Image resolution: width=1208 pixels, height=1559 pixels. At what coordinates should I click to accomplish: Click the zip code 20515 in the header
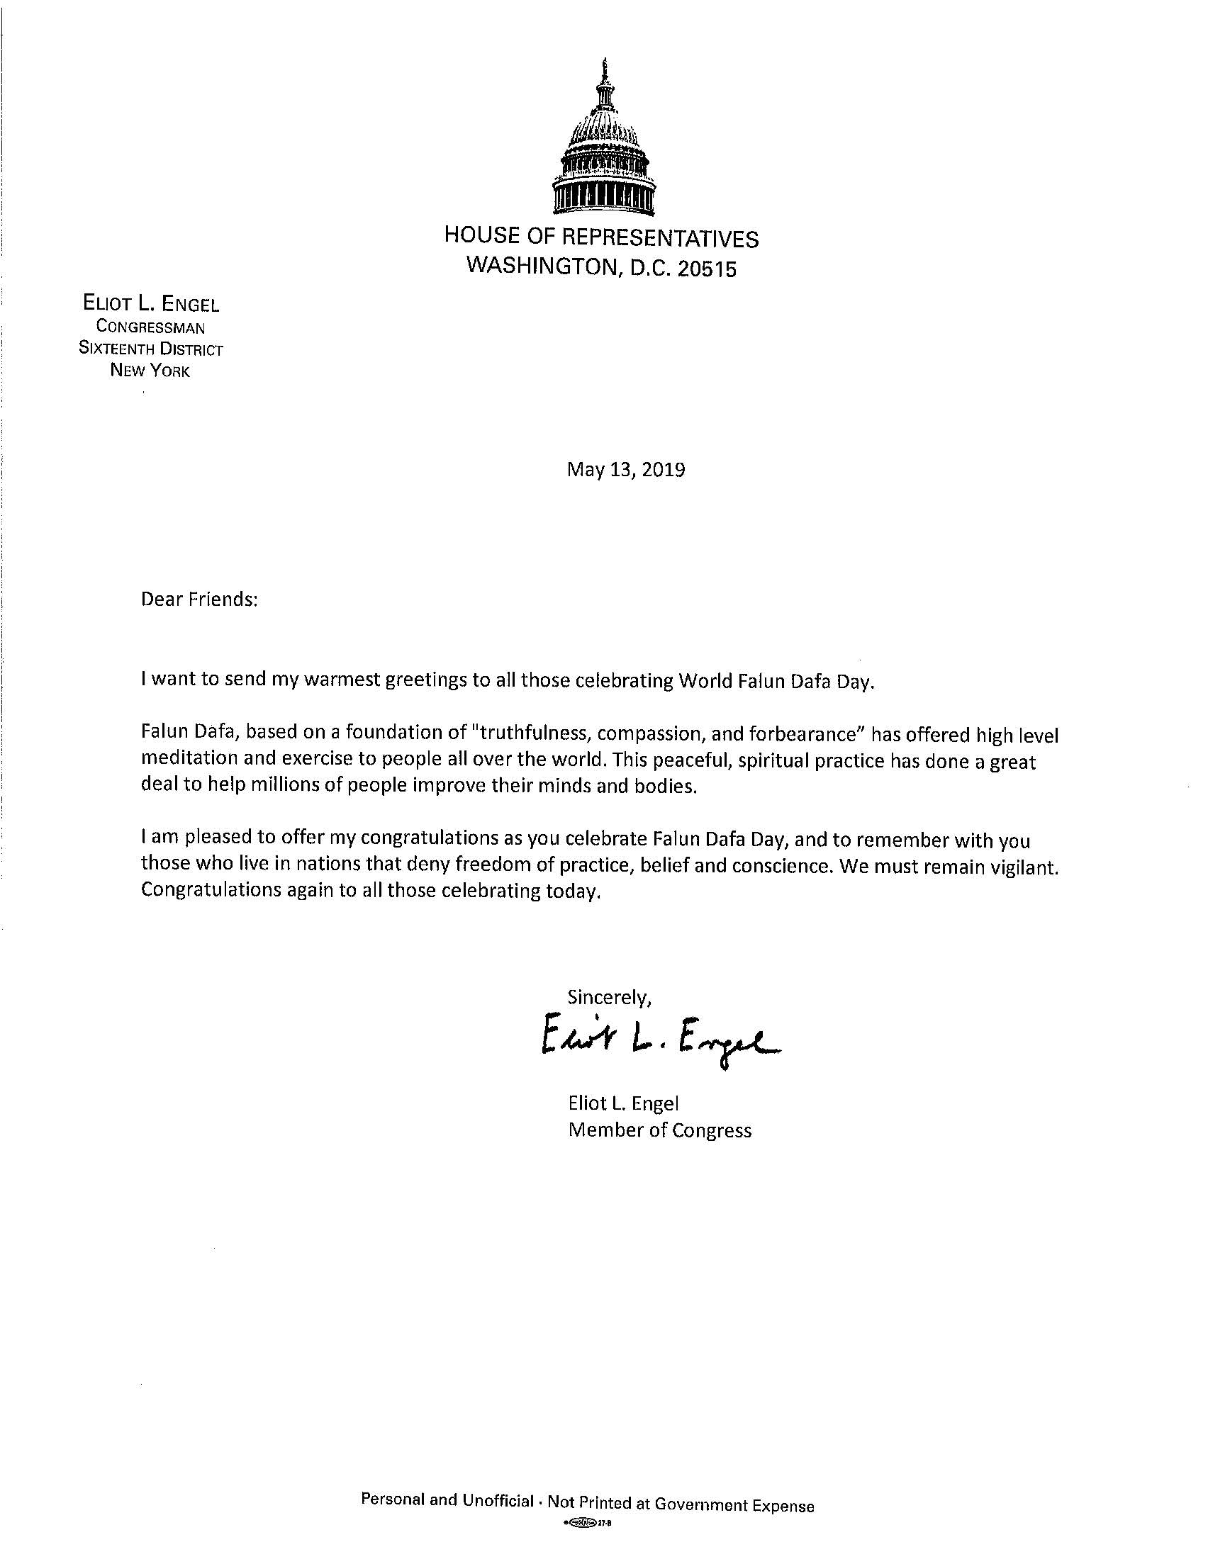(x=707, y=269)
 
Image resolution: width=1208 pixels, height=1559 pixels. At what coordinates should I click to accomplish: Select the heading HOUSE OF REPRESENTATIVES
(x=601, y=236)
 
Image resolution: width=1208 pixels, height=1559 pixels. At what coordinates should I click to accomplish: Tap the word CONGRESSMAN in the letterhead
(x=150, y=327)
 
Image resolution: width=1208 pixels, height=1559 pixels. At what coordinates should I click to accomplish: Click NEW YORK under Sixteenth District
(x=150, y=371)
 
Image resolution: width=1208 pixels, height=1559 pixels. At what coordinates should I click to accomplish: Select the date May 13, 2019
(x=626, y=470)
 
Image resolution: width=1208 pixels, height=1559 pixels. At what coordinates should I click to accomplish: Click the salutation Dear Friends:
(x=198, y=599)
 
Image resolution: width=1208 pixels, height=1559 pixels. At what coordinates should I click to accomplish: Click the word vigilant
(x=1022, y=867)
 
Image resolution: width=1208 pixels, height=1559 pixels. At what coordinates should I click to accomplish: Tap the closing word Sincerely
(x=609, y=998)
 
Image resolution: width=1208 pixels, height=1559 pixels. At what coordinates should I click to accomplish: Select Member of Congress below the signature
(x=660, y=1130)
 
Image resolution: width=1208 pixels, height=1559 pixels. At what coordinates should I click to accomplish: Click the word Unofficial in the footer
(x=498, y=1499)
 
